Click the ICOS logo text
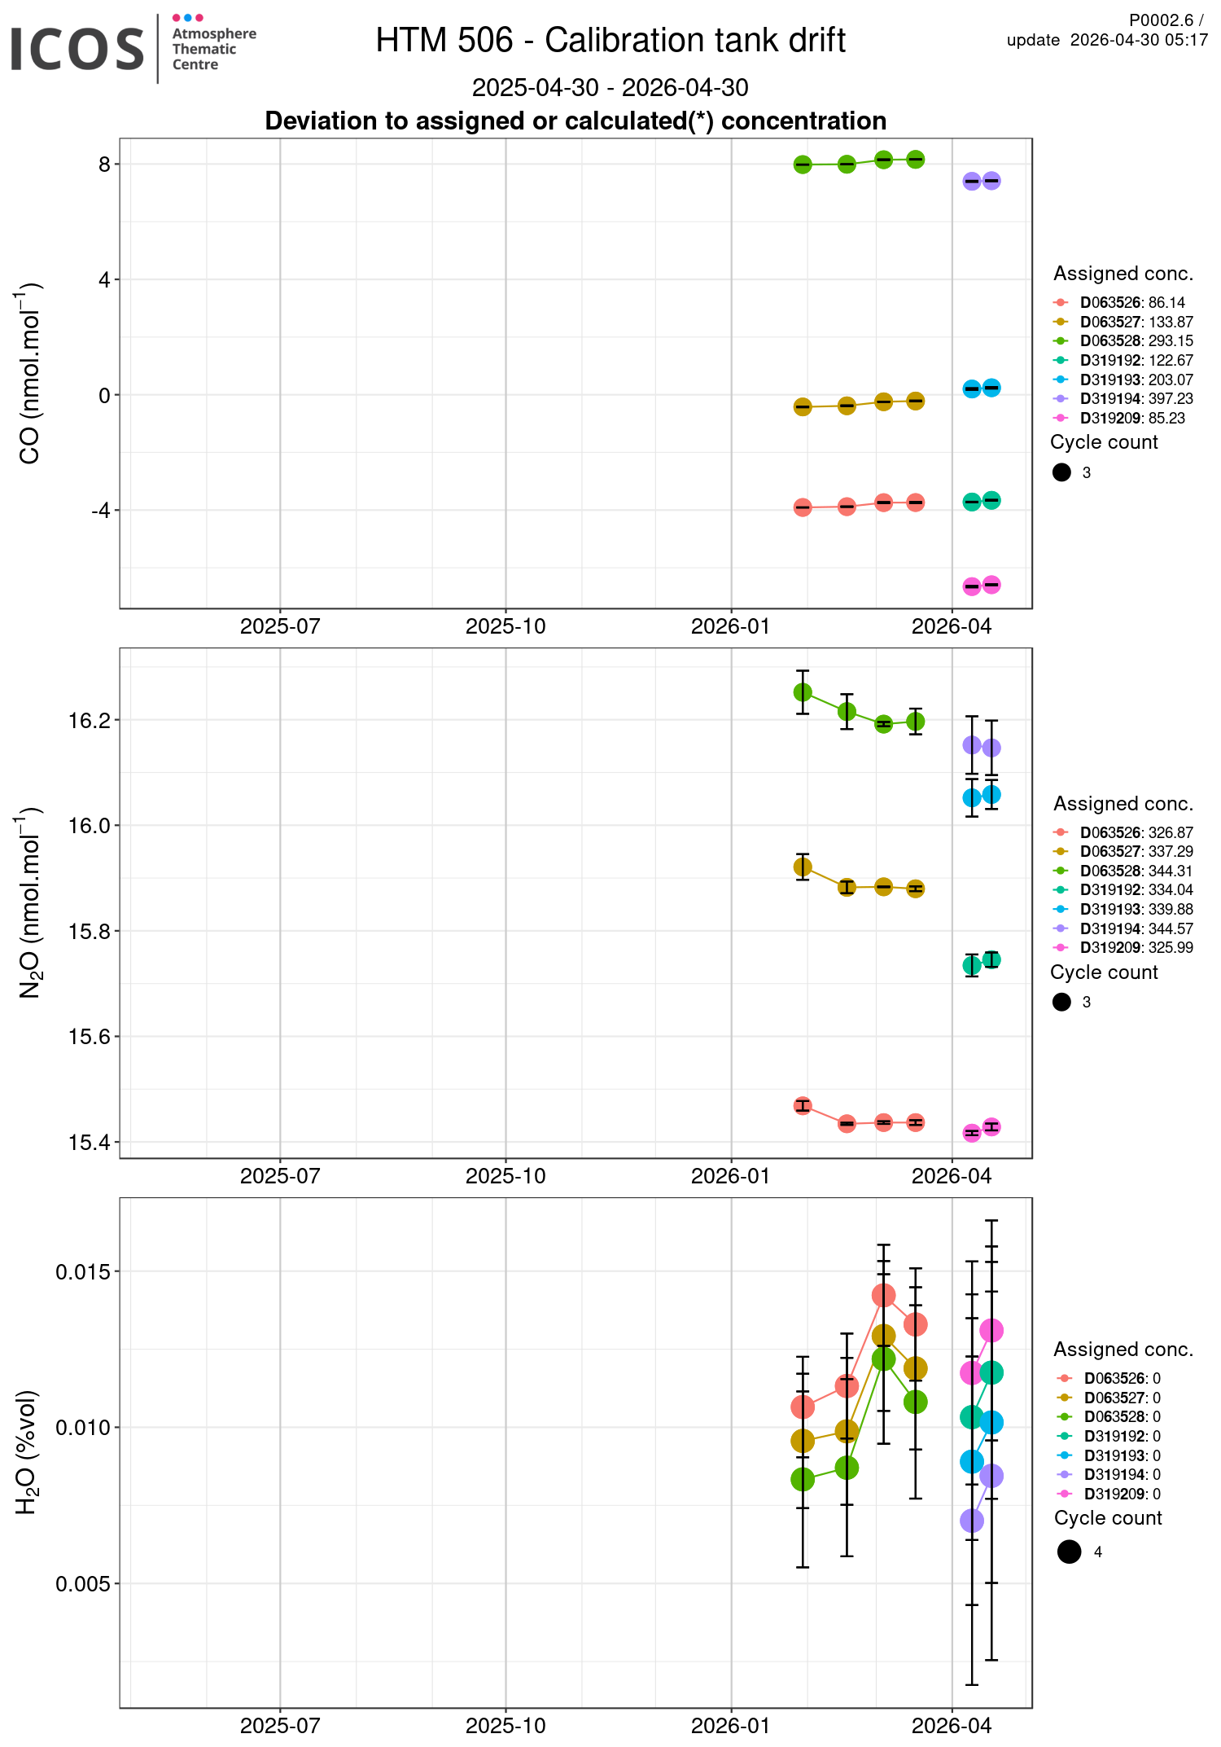pos(77,49)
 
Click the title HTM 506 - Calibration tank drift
pos(610,40)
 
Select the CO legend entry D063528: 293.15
pos(1136,341)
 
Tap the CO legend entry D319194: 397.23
pos(1136,399)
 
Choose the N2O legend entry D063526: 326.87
pos(1136,832)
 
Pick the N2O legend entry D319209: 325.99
pos(1136,948)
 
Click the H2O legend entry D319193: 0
pos(1121,1455)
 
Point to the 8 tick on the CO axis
pos(104,165)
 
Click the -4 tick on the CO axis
pos(100,511)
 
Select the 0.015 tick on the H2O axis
pos(82,1272)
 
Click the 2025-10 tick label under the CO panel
pos(505,626)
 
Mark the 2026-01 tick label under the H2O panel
pos(731,1725)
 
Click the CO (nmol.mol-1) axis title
pos(30,374)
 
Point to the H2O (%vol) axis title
pos(27,1452)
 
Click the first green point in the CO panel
pos(803,165)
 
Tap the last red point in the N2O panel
pos(916,1122)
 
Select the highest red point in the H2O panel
pos(883,1295)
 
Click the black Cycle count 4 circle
pos(1070,1552)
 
